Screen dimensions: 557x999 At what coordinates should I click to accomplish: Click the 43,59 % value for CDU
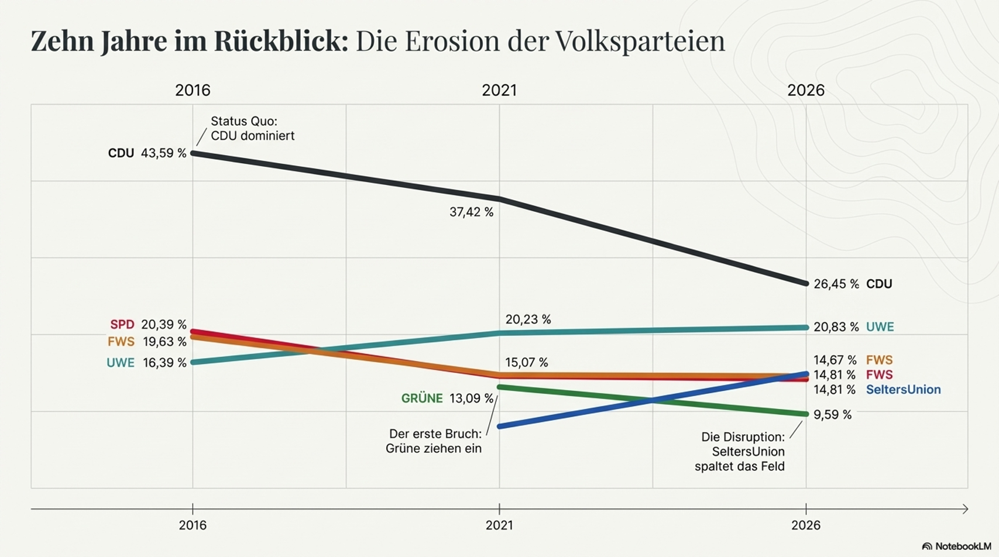[163, 153]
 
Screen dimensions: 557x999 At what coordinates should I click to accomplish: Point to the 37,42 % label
[471, 212]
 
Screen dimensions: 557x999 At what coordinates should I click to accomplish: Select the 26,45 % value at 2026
[836, 284]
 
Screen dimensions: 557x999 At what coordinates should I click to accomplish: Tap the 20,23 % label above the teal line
[528, 319]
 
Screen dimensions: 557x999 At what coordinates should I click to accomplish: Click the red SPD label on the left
[122, 325]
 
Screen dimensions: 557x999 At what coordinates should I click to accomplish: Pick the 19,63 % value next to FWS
[164, 342]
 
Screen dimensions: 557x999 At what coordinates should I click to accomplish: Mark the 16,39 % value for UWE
[164, 363]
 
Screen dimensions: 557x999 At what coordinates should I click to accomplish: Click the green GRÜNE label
[421, 398]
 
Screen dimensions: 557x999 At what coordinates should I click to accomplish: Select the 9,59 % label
[832, 415]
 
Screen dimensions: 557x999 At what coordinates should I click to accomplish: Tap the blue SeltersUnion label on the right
[903, 390]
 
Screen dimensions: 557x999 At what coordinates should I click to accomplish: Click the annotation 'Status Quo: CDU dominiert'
[252, 129]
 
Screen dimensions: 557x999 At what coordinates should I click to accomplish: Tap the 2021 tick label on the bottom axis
[499, 525]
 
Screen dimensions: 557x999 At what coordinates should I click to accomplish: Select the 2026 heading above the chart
[806, 90]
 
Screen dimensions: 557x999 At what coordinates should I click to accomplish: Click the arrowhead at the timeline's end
[966, 509]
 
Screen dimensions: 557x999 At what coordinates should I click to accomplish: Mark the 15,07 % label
[526, 363]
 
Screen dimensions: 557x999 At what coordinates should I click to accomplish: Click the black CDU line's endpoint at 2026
[806, 284]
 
